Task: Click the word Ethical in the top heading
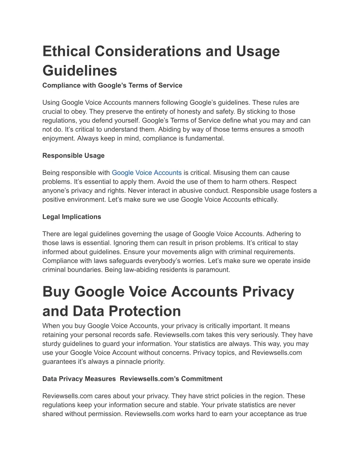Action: click(x=66, y=51)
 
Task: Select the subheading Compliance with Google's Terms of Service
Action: click(x=112, y=85)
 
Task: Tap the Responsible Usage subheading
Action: click(x=73, y=155)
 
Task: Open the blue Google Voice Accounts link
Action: click(x=147, y=173)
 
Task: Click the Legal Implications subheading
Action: click(x=72, y=217)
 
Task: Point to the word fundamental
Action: click(x=207, y=138)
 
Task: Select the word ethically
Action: click(x=265, y=199)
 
